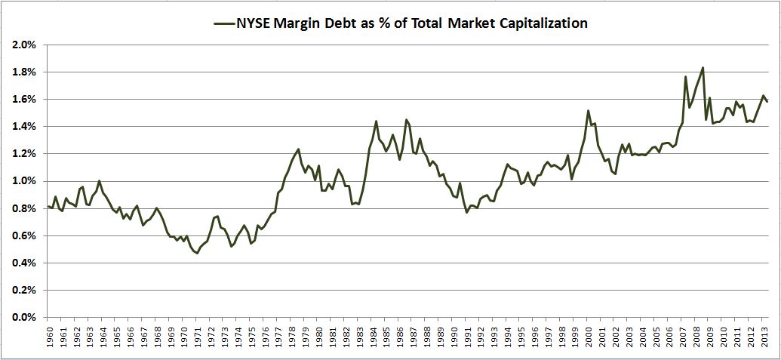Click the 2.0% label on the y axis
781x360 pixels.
(25, 45)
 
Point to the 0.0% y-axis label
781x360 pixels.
(25, 318)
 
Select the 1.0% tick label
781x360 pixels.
(25, 181)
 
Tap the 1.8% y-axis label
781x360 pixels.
(25, 72)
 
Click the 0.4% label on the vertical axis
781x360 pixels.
(25, 263)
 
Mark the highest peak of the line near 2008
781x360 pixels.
(703, 68)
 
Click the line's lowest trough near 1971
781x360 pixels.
(197, 253)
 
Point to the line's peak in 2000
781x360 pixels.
(588, 111)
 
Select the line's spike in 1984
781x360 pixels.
(376, 122)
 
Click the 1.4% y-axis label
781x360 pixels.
(25, 127)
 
